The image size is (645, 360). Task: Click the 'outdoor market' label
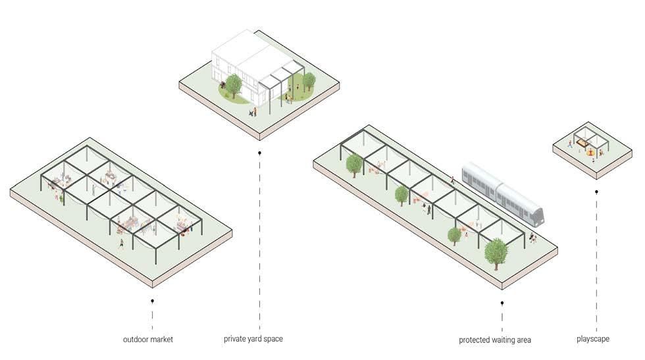tap(148, 340)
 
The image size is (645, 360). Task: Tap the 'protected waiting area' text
tap(495, 340)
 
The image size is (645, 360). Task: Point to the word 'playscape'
tap(592, 339)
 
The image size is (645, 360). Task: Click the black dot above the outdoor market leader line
tap(153, 301)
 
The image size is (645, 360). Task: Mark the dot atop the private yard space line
tap(260, 153)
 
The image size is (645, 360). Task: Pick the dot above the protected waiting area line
tap(502, 303)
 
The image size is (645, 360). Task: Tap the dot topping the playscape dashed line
tap(596, 192)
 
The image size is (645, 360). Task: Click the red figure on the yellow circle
tap(591, 153)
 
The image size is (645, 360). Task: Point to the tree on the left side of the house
tap(232, 84)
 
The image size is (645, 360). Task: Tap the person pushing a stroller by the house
tap(252, 113)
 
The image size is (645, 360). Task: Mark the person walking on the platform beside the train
tap(452, 178)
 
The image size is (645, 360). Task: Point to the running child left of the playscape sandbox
tap(570, 143)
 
